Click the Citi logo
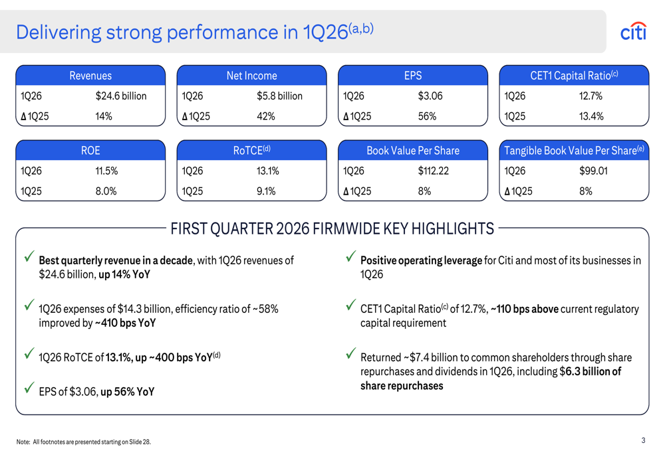[632, 32]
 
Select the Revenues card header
[90, 76]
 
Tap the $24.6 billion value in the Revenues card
[121, 96]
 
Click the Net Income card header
[251, 76]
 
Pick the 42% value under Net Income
[266, 116]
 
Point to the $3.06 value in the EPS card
[430, 96]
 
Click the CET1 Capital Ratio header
[574, 76]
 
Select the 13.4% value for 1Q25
[591, 116]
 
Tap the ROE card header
[90, 151]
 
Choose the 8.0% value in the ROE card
[106, 191]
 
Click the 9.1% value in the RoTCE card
[267, 191]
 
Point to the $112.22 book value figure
[433, 171]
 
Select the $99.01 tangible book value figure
[594, 171]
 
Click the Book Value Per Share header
[413, 151]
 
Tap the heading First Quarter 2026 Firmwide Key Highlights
[332, 229]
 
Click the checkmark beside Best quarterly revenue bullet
[29, 256]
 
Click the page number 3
[643, 440]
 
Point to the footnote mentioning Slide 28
[84, 442]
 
